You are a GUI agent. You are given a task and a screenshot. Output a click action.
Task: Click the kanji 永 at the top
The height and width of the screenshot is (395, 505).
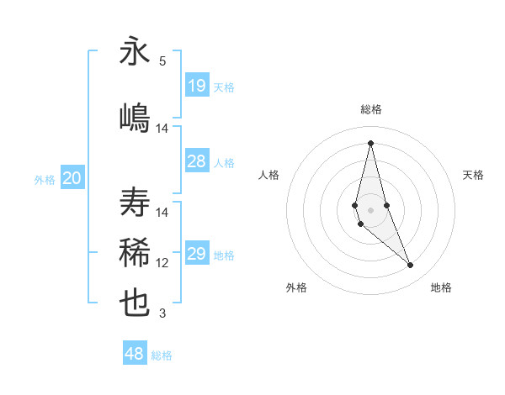pyautogui.click(x=136, y=51)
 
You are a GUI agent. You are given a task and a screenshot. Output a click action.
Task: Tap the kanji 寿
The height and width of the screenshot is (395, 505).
pyautogui.click(x=136, y=203)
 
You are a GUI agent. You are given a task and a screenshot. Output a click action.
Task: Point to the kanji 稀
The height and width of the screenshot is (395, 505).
pyautogui.click(x=136, y=252)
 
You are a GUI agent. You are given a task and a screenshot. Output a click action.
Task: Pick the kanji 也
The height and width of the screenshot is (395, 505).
pyautogui.click(x=136, y=303)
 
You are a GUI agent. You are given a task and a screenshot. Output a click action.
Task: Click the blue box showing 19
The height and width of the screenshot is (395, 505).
pyautogui.click(x=197, y=85)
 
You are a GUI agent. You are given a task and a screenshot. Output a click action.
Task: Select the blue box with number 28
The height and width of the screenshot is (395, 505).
pyautogui.click(x=197, y=161)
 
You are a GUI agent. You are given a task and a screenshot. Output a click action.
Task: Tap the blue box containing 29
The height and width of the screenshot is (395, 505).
pyautogui.click(x=197, y=254)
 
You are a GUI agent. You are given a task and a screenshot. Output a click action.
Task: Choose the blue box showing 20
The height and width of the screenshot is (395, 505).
pyautogui.click(x=72, y=178)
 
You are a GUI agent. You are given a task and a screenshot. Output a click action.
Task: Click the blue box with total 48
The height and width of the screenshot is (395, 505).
pyautogui.click(x=135, y=354)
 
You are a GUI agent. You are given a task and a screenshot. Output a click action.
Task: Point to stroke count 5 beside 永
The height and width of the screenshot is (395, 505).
pyautogui.click(x=162, y=61)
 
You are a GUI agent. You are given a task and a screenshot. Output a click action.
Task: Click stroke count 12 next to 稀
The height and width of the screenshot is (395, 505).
pyautogui.click(x=162, y=263)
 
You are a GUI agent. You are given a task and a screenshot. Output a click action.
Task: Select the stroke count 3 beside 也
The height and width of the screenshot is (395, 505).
pyautogui.click(x=162, y=314)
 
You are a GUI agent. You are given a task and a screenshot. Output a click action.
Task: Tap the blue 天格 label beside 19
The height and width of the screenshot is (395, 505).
pyautogui.click(x=224, y=87)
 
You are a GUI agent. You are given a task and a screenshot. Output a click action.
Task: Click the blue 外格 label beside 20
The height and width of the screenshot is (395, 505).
pyautogui.click(x=45, y=180)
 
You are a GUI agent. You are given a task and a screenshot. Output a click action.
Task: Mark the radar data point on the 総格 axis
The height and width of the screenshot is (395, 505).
pyautogui.click(x=370, y=142)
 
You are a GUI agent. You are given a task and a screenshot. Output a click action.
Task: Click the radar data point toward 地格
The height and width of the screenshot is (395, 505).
pyautogui.click(x=411, y=266)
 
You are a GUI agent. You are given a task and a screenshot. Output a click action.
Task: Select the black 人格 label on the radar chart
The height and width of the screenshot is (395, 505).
pyautogui.click(x=269, y=175)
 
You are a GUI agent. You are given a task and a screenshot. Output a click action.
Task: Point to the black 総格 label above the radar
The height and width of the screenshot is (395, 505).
pyautogui.click(x=371, y=109)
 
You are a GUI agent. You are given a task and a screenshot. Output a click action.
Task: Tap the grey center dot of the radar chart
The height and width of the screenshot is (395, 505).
pyautogui.click(x=370, y=208)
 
